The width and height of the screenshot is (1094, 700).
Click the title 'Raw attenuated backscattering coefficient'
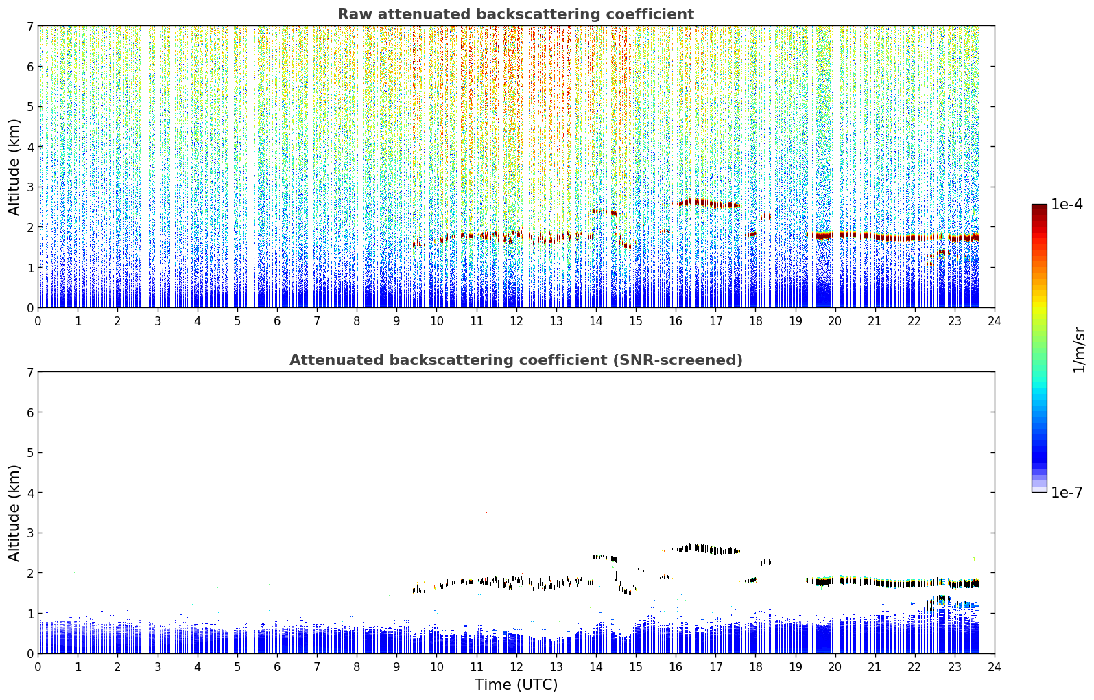516,14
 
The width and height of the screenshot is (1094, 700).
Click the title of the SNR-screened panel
516,360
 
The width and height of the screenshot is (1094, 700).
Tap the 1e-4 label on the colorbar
1067,205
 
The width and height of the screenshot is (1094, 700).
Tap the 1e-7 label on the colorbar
1067,492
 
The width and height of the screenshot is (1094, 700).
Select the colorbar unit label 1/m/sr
1078,349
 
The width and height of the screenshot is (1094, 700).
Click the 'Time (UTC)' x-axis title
516,685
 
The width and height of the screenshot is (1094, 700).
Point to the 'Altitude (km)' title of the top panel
14,167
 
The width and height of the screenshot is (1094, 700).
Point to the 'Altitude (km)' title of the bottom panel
14,513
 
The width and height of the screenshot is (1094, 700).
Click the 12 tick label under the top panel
516,321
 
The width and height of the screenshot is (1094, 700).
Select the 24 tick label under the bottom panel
995,667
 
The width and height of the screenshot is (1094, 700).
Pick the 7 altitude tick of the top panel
29,26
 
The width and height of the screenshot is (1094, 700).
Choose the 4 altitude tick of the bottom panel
29,493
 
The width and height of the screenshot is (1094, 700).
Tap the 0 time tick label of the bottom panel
38,667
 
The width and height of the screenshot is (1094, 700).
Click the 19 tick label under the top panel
795,321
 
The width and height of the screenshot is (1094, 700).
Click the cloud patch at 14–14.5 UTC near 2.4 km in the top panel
605,212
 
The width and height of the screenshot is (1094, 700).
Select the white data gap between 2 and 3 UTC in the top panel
145,167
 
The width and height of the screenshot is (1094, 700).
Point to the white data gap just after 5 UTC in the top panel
251,167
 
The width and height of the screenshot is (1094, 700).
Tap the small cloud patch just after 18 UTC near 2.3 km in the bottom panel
765,563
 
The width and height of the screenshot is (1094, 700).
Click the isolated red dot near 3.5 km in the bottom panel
486,512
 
